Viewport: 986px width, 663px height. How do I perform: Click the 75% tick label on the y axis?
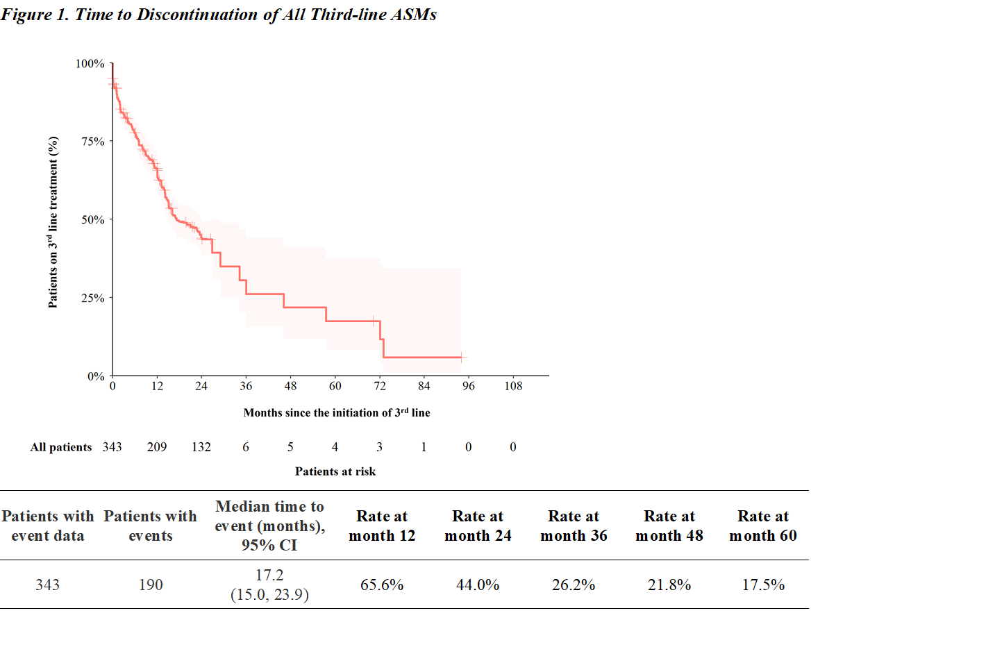click(92, 142)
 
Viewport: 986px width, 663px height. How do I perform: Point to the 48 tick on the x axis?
click(290, 386)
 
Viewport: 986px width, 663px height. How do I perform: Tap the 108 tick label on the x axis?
click(513, 386)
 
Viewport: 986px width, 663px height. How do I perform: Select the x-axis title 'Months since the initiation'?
click(336, 412)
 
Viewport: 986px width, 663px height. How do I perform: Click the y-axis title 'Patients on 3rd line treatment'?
click(53, 222)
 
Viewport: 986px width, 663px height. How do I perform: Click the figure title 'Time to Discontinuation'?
click(218, 15)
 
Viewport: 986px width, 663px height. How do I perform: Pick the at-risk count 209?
click(157, 447)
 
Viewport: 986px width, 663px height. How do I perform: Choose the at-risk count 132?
click(201, 447)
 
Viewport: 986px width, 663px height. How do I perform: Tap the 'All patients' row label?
click(61, 447)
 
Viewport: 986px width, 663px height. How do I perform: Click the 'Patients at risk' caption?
click(335, 471)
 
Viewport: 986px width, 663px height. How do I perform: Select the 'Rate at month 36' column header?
click(574, 526)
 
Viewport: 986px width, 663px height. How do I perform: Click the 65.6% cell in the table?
click(382, 585)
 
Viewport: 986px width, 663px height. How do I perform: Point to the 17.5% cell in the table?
click(763, 585)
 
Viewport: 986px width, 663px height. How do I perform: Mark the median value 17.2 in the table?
click(269, 576)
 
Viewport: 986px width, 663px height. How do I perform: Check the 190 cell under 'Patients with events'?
click(151, 585)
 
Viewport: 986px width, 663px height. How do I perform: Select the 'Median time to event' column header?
click(269, 526)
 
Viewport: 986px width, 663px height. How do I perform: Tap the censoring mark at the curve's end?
click(461, 358)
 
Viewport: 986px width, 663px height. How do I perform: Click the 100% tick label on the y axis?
click(90, 64)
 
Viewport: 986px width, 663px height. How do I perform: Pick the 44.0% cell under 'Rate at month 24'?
click(478, 585)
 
